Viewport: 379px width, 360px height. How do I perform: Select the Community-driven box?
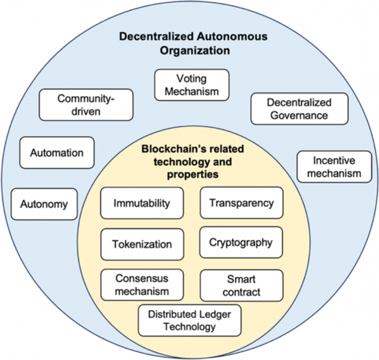point(86,105)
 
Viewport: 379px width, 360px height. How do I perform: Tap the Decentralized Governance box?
point(299,109)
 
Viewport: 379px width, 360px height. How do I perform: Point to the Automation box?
point(57,153)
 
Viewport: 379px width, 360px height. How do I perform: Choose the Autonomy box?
point(44,204)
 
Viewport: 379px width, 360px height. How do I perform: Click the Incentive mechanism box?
point(334,167)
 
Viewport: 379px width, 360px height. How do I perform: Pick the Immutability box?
point(142,203)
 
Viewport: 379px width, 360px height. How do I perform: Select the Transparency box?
point(241,203)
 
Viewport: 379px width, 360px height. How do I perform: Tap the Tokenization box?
point(142,244)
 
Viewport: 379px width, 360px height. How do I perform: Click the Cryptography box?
point(241,242)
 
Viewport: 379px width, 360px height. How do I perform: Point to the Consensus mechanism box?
point(142,284)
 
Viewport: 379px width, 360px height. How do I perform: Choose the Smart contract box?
point(241,284)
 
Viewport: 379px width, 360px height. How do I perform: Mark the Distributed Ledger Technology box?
point(189,320)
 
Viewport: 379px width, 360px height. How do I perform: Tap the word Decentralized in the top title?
point(149,37)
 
